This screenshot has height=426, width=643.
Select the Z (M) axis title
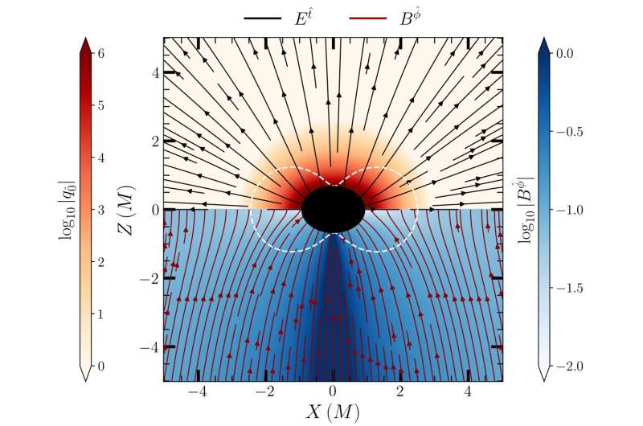tap(125, 209)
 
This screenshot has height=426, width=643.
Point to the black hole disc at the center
tap(333, 209)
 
